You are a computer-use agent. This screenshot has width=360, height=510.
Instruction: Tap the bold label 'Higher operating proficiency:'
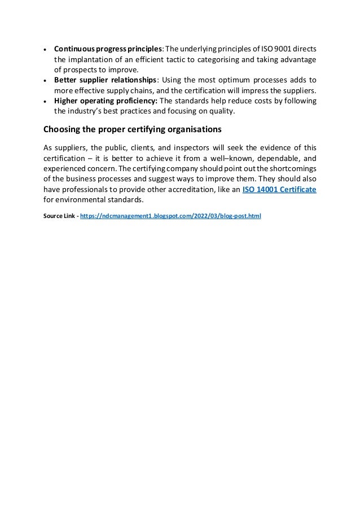[106, 101]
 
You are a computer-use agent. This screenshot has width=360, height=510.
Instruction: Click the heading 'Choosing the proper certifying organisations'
[133, 130]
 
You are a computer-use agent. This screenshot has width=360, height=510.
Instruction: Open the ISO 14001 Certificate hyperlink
[279, 190]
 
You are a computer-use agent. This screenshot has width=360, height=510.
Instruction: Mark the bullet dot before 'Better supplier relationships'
[45, 81]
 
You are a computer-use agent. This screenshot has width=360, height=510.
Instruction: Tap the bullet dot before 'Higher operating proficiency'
[45, 102]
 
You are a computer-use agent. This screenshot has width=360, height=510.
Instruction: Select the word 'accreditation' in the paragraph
[188, 190]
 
